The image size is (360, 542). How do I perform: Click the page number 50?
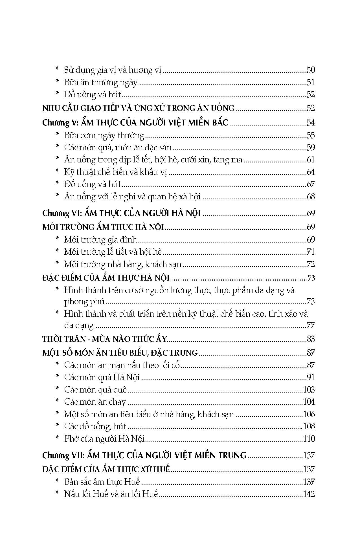[310, 70]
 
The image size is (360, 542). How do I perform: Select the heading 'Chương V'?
[135, 123]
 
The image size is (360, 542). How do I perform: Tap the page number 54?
[310, 123]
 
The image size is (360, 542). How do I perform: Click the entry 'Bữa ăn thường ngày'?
[101, 82]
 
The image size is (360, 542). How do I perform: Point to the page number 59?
[310, 147]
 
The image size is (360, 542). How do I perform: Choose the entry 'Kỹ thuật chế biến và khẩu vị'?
[115, 172]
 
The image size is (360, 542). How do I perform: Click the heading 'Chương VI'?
[121, 213]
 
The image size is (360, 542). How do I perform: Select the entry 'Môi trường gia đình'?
[100, 240]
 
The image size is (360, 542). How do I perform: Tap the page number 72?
[310, 264]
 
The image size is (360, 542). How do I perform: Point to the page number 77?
[310, 325]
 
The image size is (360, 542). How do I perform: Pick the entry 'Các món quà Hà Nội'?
[102, 377]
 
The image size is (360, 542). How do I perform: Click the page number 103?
[309, 390]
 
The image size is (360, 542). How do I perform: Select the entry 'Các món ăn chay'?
[95, 402]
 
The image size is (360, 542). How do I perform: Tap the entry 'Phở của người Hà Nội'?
[104, 439]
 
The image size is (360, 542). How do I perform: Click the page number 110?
[309, 439]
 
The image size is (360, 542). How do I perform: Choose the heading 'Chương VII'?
[144, 455]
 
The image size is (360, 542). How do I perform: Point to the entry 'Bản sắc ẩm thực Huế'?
[102, 482]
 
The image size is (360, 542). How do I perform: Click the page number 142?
[309, 494]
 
